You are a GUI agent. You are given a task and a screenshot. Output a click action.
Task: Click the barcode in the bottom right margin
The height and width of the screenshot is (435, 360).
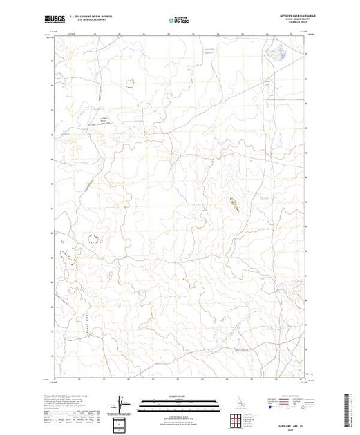coord(350,411)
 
